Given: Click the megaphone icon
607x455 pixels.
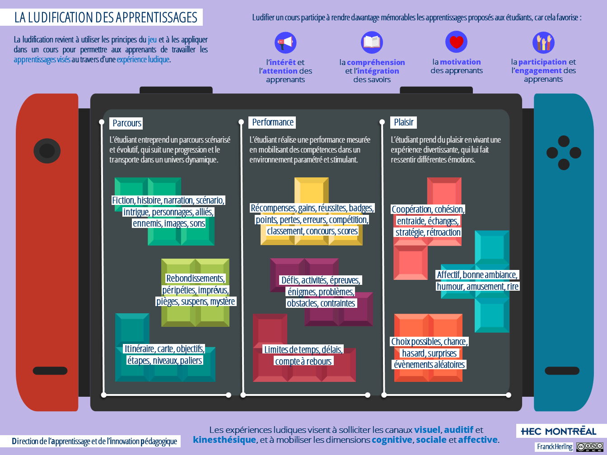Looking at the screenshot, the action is point(285,43).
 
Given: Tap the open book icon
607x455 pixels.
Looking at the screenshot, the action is point(372,42).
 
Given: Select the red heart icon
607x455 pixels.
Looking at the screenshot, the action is point(456,42).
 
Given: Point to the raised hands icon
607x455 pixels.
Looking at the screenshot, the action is point(543,42).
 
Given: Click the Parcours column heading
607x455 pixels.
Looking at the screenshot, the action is point(126,123).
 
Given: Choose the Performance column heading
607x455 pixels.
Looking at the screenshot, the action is point(272,122).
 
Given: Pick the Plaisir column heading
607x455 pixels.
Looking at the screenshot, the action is point(403,122).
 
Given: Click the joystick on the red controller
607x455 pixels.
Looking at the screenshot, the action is point(47,151).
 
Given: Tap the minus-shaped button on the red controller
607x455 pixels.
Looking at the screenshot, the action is point(50,371).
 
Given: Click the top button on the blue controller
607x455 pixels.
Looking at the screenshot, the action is point(564,141).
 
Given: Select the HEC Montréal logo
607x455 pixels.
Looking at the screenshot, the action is point(559,432).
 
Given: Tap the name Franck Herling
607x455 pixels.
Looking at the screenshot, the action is point(555,447).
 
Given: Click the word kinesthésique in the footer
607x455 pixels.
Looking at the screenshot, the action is point(224,440).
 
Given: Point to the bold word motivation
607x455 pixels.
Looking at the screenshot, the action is point(460,62).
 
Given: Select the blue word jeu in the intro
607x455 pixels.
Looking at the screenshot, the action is point(152,40).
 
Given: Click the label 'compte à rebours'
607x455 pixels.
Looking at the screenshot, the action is point(303,362).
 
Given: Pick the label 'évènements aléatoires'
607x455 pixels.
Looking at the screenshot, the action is point(429,365).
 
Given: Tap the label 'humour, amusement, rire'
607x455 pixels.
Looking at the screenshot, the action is point(477,287).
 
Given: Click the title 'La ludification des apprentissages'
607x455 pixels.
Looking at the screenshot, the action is point(106,18).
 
